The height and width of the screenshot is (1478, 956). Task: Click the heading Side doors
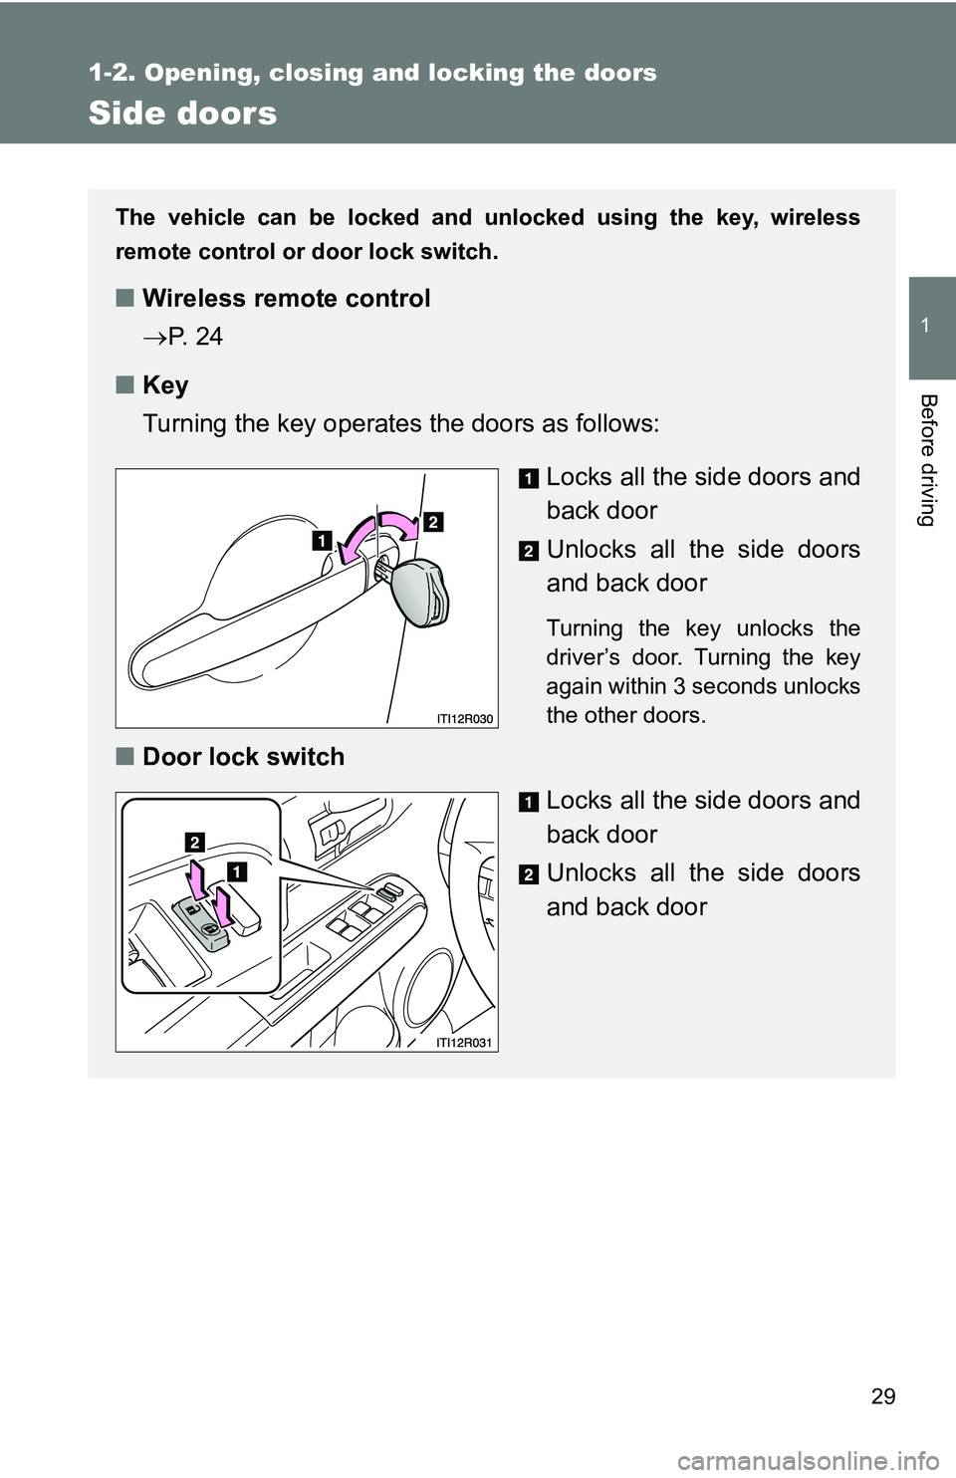[182, 114]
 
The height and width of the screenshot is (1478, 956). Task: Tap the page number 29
[882, 1395]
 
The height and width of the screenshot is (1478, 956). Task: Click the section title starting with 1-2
[372, 73]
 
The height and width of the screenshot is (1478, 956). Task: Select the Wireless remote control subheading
[286, 299]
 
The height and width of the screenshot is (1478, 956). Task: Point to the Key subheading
[165, 385]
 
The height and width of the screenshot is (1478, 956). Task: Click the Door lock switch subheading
[243, 757]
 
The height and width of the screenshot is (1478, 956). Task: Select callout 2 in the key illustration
[433, 521]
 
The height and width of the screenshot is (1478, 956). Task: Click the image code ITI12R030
[465, 718]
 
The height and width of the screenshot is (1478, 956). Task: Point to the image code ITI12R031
[465, 1042]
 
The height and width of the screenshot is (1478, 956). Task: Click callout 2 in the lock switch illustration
[194, 842]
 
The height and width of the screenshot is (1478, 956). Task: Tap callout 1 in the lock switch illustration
[237, 871]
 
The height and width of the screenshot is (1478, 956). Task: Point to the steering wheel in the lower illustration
[468, 896]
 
